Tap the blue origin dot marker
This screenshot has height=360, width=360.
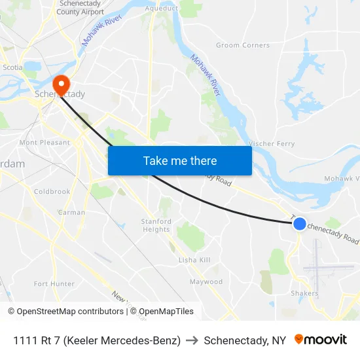point(299,224)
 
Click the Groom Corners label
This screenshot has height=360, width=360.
point(243,45)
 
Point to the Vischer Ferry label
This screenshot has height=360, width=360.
point(272,143)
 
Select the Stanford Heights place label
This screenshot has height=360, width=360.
point(156,225)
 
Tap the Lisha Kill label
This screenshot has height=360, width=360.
point(194,260)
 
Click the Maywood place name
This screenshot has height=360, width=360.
point(206,281)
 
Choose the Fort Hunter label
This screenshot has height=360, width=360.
point(54,283)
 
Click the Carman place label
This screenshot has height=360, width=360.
point(71,212)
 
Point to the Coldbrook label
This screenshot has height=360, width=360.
point(52,192)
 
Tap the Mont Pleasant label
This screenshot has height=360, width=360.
point(45,142)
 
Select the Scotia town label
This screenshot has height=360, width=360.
point(12,67)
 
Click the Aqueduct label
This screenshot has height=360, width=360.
point(162,8)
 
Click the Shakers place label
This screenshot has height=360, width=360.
point(304,293)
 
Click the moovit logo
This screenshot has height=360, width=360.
point(321,340)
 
